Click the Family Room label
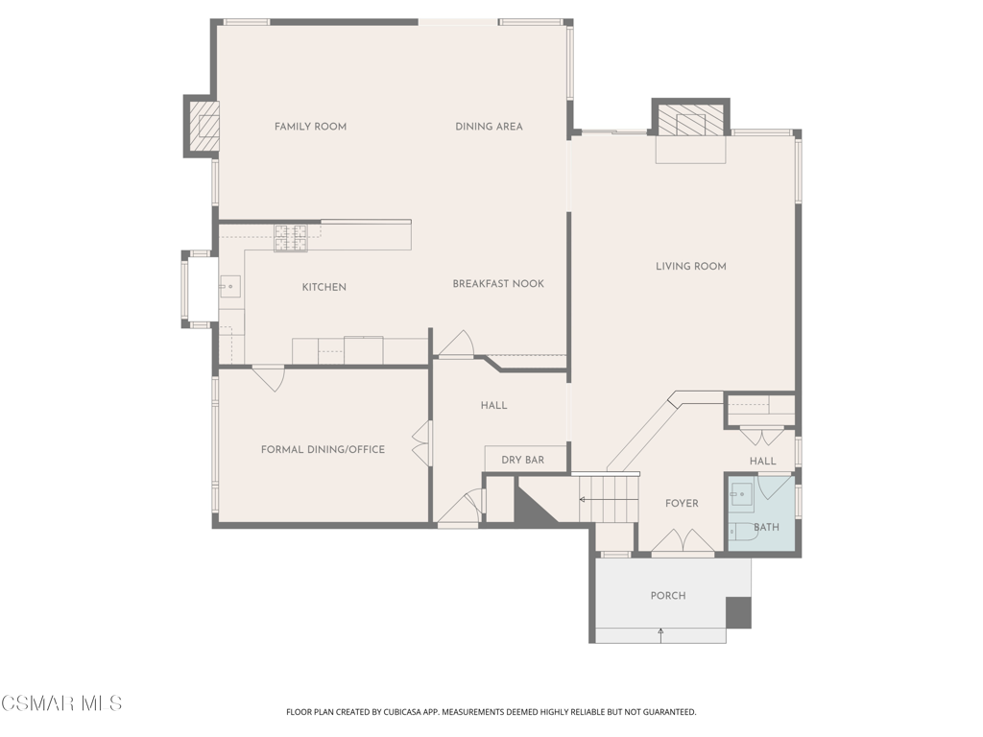coord(310,127)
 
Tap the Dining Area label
coord(489,127)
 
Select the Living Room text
coord(691,267)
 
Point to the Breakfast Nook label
coord(498,284)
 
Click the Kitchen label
coord(324,287)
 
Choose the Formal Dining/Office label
coord(323,449)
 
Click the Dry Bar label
coord(523,460)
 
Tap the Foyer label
coord(682,503)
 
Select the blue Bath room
coord(761,513)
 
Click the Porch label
coord(668,596)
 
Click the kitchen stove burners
coord(291,238)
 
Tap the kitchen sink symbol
coord(230,286)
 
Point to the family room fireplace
coord(202,126)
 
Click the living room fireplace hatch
coord(691,118)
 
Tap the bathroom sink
coord(741,494)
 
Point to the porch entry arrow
coord(660,635)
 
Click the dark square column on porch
coord(738,612)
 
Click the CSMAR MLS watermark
coord(61,703)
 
